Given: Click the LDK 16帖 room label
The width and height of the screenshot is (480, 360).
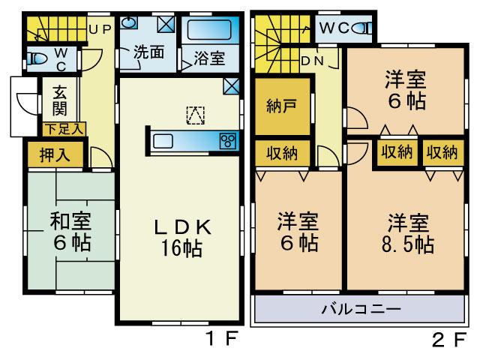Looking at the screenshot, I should pos(180,238).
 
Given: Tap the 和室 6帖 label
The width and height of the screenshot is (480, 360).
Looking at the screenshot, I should pos(70,232).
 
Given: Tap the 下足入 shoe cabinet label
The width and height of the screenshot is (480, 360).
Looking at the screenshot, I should pos(64,128).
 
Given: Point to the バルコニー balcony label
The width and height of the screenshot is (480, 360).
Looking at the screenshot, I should pos(361,309).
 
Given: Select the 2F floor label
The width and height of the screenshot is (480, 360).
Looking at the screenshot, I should pos(449,338).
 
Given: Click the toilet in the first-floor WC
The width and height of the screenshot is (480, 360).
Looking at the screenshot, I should pos(36,58).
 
